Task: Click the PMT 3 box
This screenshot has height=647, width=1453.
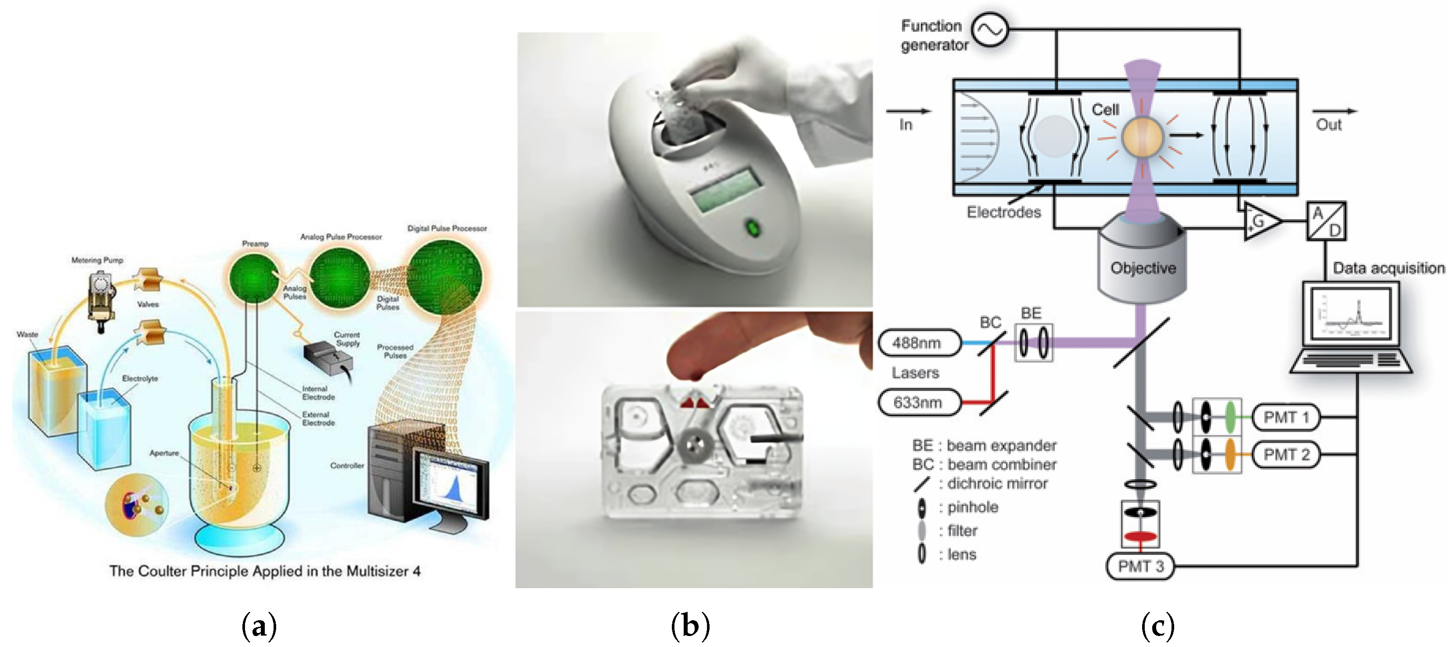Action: (x=1139, y=566)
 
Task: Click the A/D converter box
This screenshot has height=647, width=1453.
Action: (x=1326, y=221)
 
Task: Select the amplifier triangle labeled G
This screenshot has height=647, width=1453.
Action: (x=1260, y=221)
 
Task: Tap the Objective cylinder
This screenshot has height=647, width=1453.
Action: (x=1142, y=265)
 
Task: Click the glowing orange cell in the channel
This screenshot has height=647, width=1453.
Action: (x=1142, y=137)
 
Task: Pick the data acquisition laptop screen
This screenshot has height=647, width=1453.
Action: (x=1350, y=314)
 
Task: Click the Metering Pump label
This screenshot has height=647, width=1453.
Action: (x=97, y=260)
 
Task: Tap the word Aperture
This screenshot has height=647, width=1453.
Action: (x=164, y=453)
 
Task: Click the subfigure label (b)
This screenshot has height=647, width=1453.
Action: (x=690, y=625)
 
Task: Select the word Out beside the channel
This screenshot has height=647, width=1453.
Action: (x=1328, y=125)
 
